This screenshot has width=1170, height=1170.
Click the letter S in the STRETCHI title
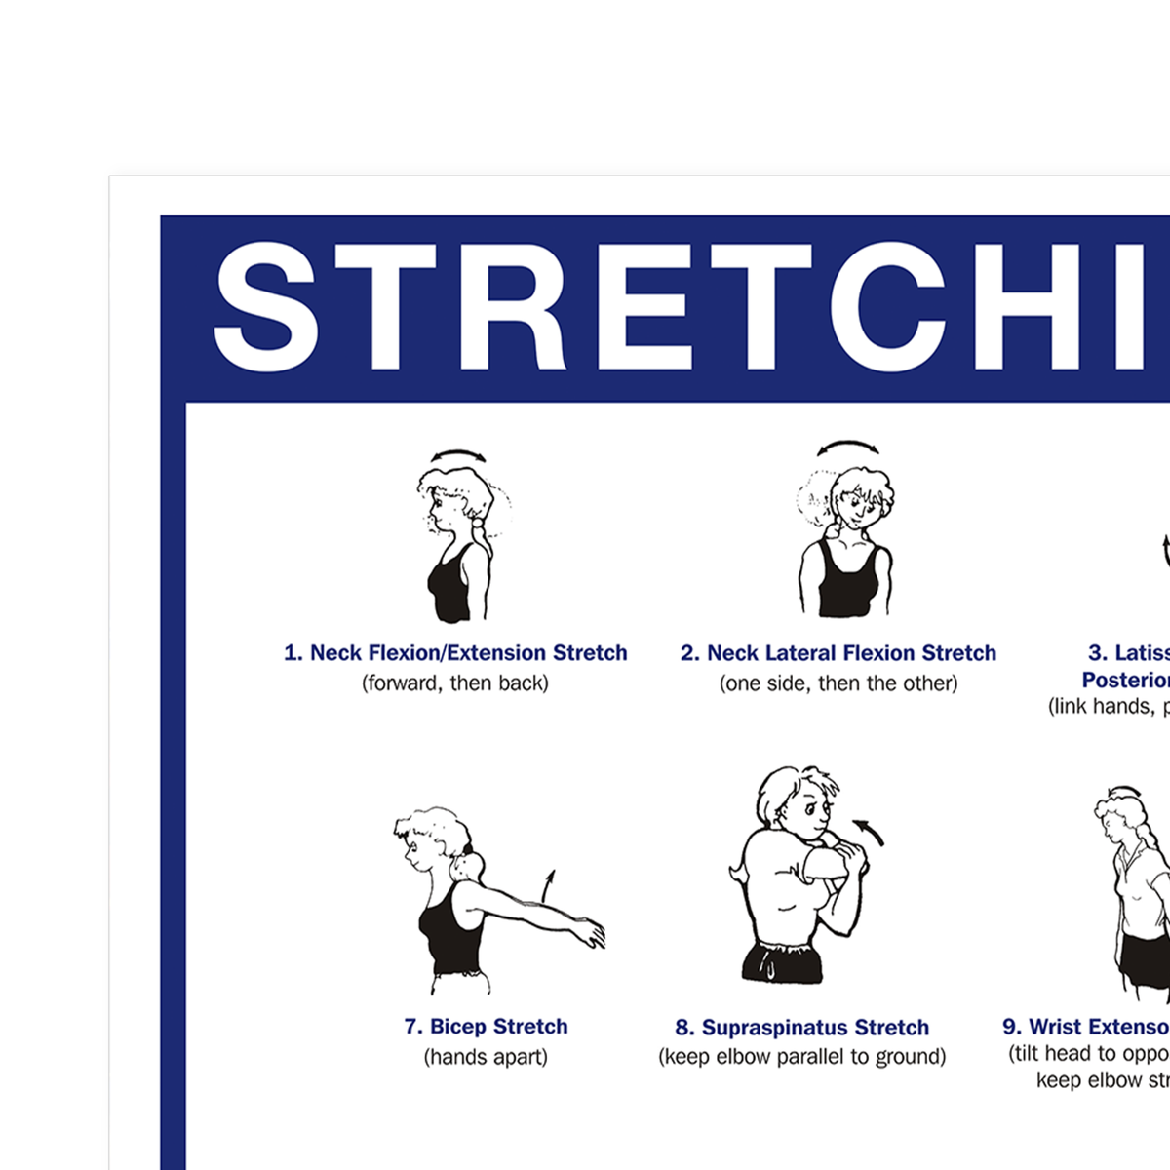[266, 307]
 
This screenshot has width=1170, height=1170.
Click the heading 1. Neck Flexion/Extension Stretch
[455, 653]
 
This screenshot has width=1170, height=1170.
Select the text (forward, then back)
[455, 683]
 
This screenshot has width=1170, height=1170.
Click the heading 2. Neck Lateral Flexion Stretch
[838, 653]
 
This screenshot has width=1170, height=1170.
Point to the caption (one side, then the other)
[838, 683]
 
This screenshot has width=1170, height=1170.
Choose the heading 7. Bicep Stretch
[486, 1027]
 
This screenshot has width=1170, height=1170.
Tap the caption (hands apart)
[486, 1057]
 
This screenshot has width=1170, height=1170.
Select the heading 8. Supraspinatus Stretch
[801, 1028]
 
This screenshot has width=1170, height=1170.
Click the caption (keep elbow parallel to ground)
[801, 1057]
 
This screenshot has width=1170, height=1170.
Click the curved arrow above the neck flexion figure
[459, 455]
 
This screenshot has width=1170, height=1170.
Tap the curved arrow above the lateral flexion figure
[846, 448]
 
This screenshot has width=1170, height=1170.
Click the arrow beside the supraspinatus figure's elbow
[870, 832]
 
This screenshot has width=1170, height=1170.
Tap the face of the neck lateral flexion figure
[858, 504]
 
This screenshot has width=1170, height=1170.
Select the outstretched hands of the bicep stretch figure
[591, 934]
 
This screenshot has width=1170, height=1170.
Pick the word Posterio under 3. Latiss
[1125, 681]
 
